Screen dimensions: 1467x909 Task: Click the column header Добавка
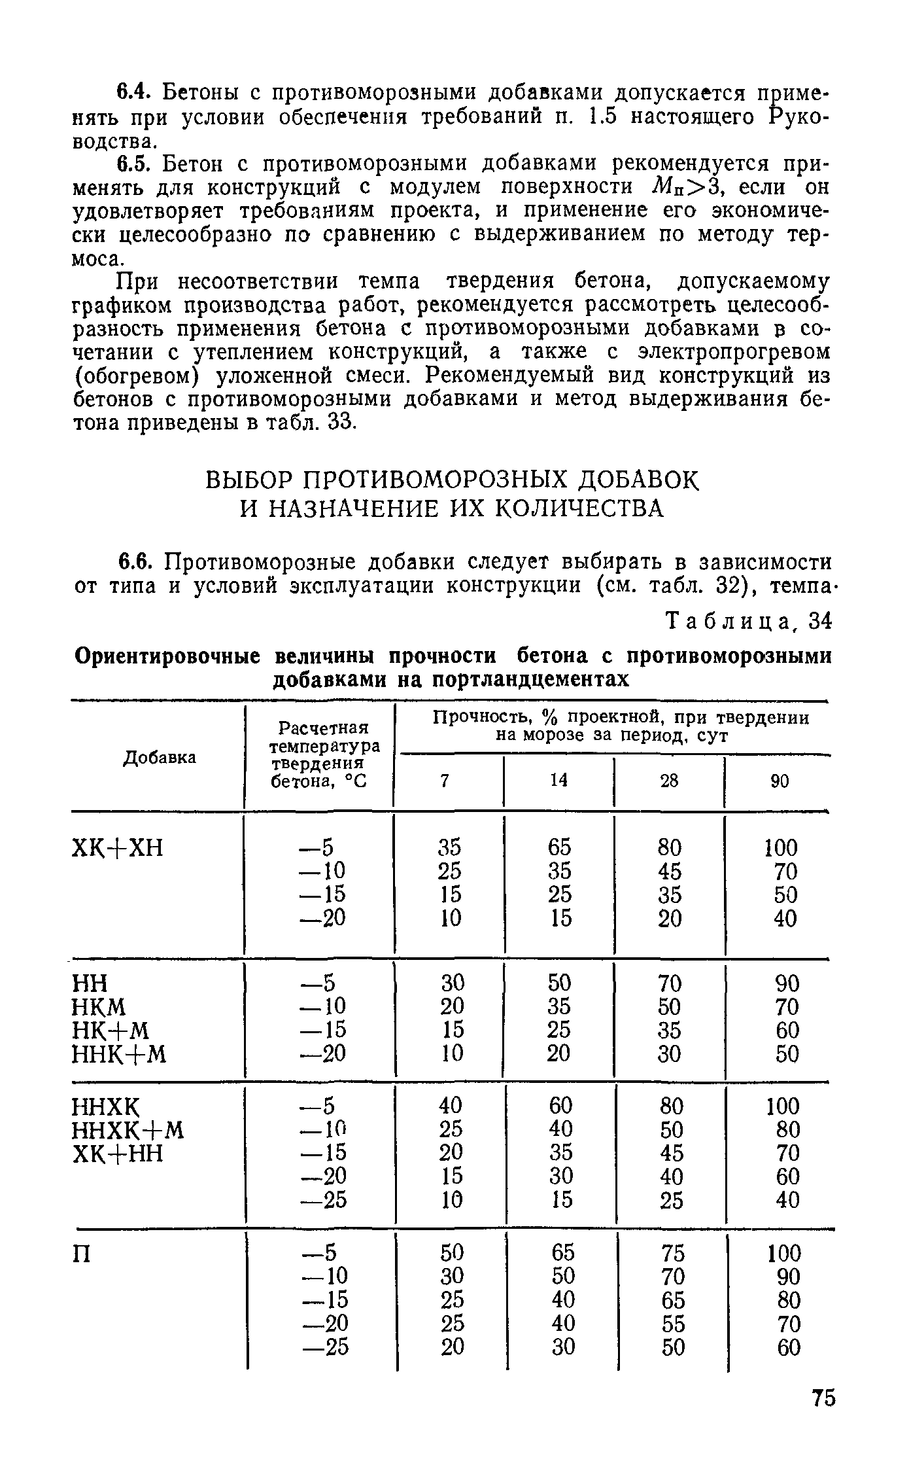(x=160, y=757)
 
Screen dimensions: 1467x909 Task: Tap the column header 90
(x=780, y=781)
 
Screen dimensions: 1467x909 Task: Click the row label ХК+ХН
(x=116, y=849)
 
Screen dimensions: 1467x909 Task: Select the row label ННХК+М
(x=128, y=1130)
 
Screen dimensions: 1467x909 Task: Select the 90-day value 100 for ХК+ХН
(x=781, y=848)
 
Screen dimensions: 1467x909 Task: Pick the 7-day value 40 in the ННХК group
(x=450, y=1106)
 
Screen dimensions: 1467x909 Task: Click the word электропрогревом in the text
(x=724, y=352)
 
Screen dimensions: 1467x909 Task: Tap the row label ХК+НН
(x=116, y=1154)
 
